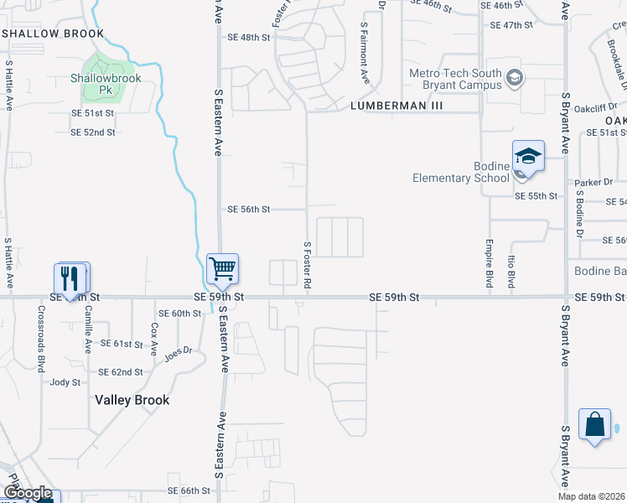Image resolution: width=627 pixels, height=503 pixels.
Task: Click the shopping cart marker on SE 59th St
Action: point(223,269)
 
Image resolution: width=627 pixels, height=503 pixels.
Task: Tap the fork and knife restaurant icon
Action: point(70,277)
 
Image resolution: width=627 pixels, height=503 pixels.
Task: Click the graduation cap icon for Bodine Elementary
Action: point(528,156)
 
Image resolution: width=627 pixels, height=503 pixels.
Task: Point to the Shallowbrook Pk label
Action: point(105,84)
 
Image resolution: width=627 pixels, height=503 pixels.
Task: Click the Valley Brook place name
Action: point(132,400)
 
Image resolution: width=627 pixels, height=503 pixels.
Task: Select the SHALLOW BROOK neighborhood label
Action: point(54,34)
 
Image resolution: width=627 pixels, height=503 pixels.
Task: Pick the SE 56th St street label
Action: point(249,210)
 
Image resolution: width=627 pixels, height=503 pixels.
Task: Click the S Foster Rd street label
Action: point(308,266)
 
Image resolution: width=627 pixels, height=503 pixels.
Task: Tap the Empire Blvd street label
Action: point(489,264)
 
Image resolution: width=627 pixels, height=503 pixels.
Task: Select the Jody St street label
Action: point(65,381)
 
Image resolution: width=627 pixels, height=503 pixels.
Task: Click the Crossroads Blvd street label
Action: point(40,338)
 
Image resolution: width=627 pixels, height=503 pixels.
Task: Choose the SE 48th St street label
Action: point(249,38)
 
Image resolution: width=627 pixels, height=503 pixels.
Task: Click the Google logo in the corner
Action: point(27,494)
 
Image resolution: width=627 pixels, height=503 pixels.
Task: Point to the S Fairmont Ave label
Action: point(365,52)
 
